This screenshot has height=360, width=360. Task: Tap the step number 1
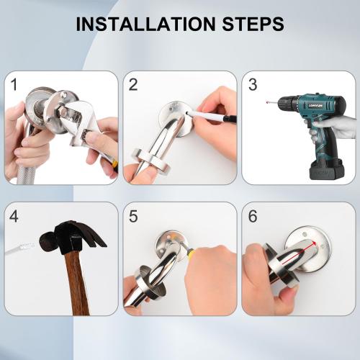pos(14,84)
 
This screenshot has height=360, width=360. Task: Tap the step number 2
pos(133,84)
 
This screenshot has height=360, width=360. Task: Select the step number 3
pos(252,84)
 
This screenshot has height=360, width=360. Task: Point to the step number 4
pos(14,215)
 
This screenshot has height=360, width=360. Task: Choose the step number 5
pos(133,215)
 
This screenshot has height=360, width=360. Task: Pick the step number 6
pos(252,215)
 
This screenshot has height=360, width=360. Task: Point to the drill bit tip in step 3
pos(268,103)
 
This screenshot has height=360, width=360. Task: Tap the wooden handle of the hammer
pos(76,284)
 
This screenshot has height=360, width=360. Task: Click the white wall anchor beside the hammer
pos(22,246)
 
